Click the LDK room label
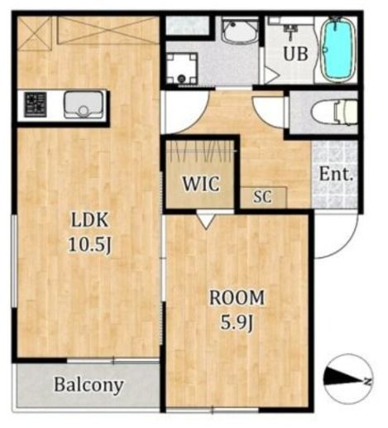[89, 220]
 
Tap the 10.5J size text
[89, 244]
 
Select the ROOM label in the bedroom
[237, 297]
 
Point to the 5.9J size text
[237, 322]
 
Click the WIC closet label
[201, 183]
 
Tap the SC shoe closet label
[262, 197]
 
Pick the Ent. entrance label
[336, 175]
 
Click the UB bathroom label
[295, 53]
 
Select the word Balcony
[89, 385]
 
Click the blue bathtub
[338, 49]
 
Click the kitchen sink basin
[84, 105]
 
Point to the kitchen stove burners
[35, 105]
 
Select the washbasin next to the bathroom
[240, 31]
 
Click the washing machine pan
[182, 68]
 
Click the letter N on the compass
[367, 382]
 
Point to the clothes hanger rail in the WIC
[200, 151]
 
